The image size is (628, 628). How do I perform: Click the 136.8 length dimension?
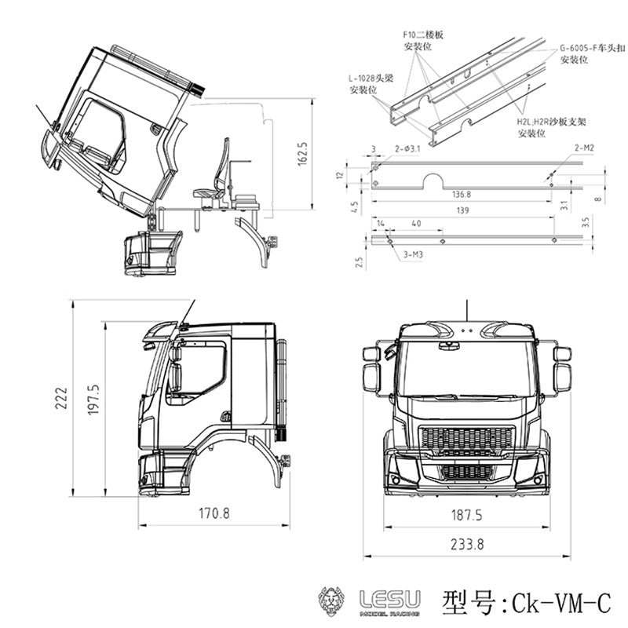(461, 194)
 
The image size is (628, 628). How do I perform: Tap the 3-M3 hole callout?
(412, 255)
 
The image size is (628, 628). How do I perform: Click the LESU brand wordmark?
(389, 600)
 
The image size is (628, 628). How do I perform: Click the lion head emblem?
(334, 601)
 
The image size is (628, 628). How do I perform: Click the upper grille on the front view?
(466, 438)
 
